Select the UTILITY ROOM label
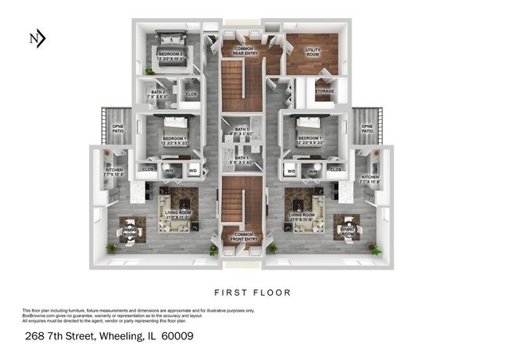313,52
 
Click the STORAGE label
324,91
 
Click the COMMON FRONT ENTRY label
243,235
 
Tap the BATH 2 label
157,94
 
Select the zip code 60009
177,336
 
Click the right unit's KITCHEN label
371,177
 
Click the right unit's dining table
347,226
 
